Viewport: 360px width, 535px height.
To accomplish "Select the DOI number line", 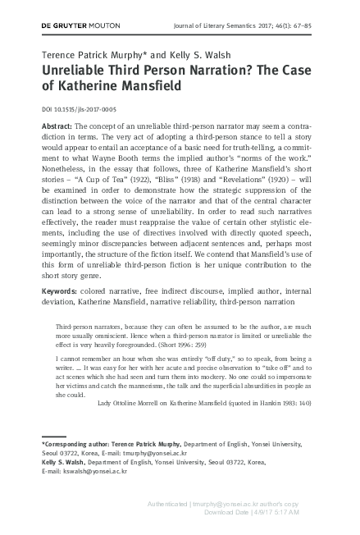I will [x=78, y=109].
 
